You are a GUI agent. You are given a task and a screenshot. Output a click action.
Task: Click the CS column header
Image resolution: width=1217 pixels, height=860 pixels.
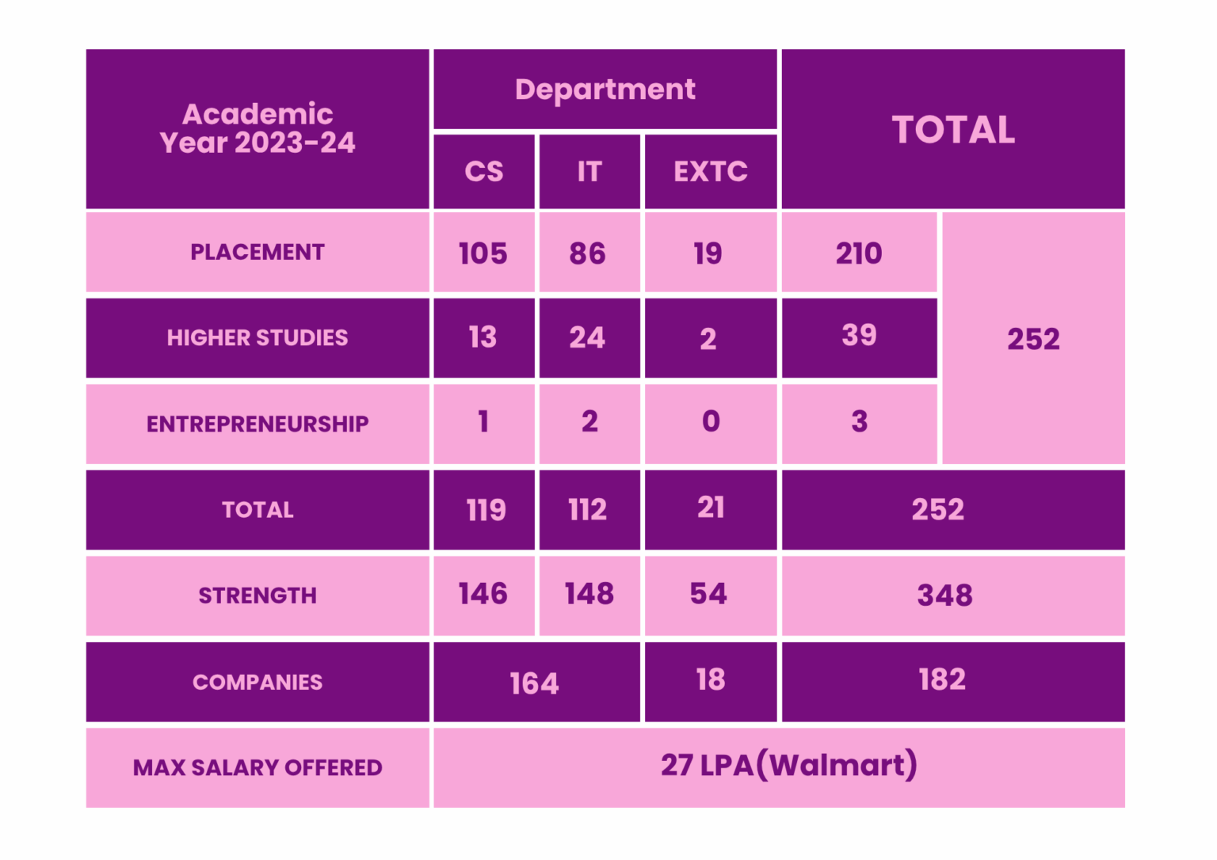coord(483,171)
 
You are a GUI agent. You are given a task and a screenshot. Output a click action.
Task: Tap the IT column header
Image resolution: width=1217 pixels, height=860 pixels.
coord(589,171)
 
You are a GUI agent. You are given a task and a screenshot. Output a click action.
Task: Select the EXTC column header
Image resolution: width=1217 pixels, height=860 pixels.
coord(710,171)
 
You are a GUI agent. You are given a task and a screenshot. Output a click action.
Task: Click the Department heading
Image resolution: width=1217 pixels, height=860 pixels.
coord(605,89)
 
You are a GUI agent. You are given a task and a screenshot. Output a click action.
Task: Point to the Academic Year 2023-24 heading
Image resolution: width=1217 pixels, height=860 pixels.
coord(258,128)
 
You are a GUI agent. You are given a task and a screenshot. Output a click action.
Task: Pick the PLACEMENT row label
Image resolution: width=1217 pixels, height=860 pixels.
coord(258,252)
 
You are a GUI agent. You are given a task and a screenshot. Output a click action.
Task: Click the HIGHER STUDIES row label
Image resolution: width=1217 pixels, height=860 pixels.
coord(258,338)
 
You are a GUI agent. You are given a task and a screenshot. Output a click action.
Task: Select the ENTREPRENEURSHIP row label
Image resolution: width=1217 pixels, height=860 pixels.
coord(258,424)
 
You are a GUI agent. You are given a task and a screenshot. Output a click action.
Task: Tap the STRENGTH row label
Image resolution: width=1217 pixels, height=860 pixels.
coord(258,596)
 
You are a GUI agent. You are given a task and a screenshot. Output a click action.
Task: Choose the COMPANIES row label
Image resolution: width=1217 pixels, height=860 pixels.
coord(258,682)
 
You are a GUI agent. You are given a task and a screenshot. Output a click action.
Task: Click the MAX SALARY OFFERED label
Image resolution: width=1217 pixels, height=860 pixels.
coord(258,767)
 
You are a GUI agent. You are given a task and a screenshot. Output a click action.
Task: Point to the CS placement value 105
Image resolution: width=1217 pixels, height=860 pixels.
coord(483,253)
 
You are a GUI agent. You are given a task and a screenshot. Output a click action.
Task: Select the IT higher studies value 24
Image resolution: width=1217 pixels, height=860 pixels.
coord(587,338)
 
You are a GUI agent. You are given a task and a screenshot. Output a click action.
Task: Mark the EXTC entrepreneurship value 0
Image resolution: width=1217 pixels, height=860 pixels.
coord(711,421)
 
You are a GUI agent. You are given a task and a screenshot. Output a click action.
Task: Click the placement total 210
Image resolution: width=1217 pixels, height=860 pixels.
coord(859,253)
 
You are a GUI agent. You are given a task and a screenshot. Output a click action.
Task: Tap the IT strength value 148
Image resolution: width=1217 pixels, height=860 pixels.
coord(589,594)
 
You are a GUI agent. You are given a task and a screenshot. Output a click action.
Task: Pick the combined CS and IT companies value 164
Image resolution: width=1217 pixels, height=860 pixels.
coord(534,683)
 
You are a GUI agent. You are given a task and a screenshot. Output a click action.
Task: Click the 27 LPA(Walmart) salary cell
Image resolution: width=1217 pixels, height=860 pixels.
coord(789,766)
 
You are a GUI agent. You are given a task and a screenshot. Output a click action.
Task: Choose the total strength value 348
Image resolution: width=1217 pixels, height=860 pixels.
coord(944,596)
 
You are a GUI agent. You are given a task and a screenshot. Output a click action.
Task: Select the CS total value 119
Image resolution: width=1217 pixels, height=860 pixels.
coord(486,510)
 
